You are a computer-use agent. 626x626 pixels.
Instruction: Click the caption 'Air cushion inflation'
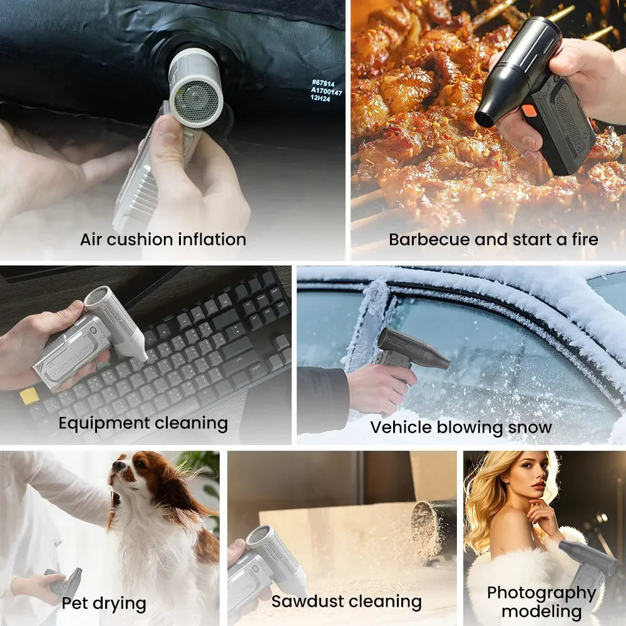pyautogui.click(x=163, y=240)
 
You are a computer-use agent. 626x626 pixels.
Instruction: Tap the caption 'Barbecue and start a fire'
pyautogui.click(x=493, y=239)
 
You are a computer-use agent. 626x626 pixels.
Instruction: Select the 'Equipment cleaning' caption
pyautogui.click(x=143, y=423)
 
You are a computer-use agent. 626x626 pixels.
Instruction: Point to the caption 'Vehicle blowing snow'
pyautogui.click(x=461, y=427)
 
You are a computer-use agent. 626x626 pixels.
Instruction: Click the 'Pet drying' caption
pyautogui.click(x=104, y=603)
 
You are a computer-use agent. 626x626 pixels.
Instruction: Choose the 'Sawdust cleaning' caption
pyautogui.click(x=347, y=601)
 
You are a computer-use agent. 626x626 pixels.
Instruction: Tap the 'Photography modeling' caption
pyautogui.click(x=541, y=602)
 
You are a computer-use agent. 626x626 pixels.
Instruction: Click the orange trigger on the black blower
pyautogui.click(x=530, y=111)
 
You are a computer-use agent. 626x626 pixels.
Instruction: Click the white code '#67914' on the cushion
pyautogui.click(x=323, y=83)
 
